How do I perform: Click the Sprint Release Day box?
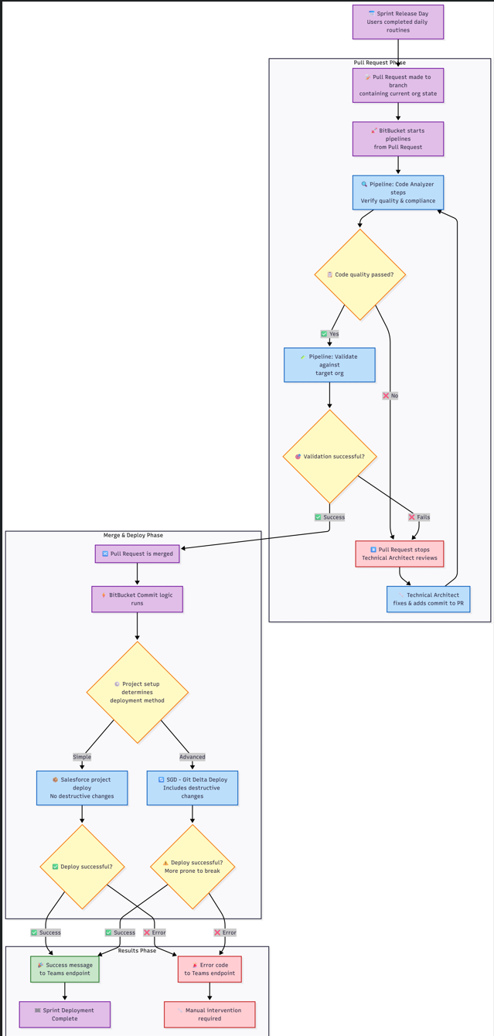click(x=398, y=22)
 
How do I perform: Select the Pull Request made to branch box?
click(x=398, y=85)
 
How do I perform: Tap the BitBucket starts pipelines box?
click(x=398, y=138)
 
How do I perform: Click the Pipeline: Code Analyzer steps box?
click(x=398, y=193)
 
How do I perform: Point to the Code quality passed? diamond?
click(x=360, y=274)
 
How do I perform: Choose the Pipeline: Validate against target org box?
click(x=329, y=365)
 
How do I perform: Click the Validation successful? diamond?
click(x=329, y=456)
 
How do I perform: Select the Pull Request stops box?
click(x=400, y=554)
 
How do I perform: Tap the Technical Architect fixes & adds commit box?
click(x=428, y=599)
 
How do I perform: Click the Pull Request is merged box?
click(x=138, y=554)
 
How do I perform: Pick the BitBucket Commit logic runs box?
click(x=138, y=599)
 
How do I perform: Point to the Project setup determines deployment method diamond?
click(x=138, y=692)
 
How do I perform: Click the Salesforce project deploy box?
click(x=82, y=788)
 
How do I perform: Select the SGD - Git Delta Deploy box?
click(x=192, y=788)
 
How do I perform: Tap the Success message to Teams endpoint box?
click(x=65, y=969)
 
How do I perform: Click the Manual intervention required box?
click(x=210, y=1014)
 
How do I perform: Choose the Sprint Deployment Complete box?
click(x=65, y=1014)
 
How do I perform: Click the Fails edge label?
click(x=419, y=517)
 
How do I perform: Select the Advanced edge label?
click(x=192, y=757)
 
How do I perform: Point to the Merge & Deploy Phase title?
click(x=133, y=535)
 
